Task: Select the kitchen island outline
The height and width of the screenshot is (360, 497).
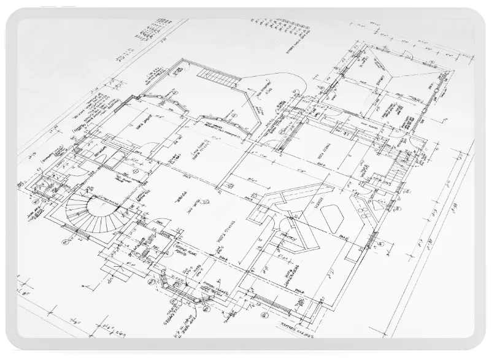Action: [x=331, y=216]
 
